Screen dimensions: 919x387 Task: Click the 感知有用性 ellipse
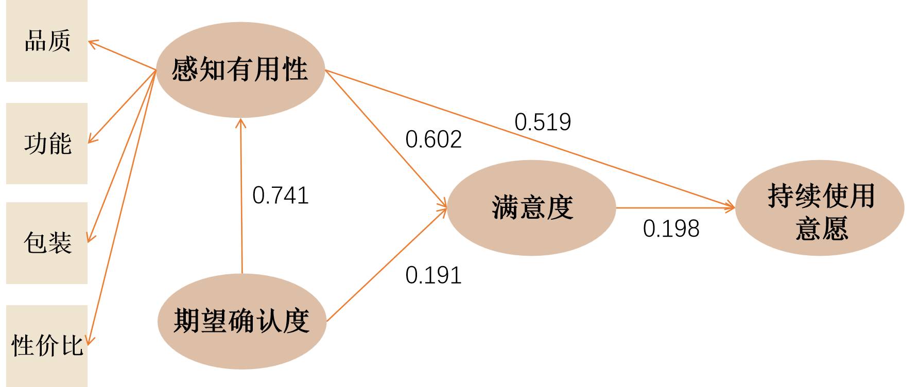point(240,69)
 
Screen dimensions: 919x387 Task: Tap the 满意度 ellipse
point(531,208)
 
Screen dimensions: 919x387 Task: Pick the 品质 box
point(47,41)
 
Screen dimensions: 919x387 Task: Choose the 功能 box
point(47,143)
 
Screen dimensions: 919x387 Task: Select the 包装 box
point(47,242)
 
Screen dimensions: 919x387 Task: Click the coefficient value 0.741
point(281,196)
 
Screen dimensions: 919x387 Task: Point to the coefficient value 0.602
point(434,140)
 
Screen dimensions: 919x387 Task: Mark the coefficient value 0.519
point(543,122)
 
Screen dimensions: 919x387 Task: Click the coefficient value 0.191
point(434,275)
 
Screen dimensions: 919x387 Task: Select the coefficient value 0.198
point(671,228)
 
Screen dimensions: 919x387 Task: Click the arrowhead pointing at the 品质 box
point(92,43)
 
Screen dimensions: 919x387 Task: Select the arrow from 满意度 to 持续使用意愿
point(674,208)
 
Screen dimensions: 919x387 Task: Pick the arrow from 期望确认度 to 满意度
point(386,265)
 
